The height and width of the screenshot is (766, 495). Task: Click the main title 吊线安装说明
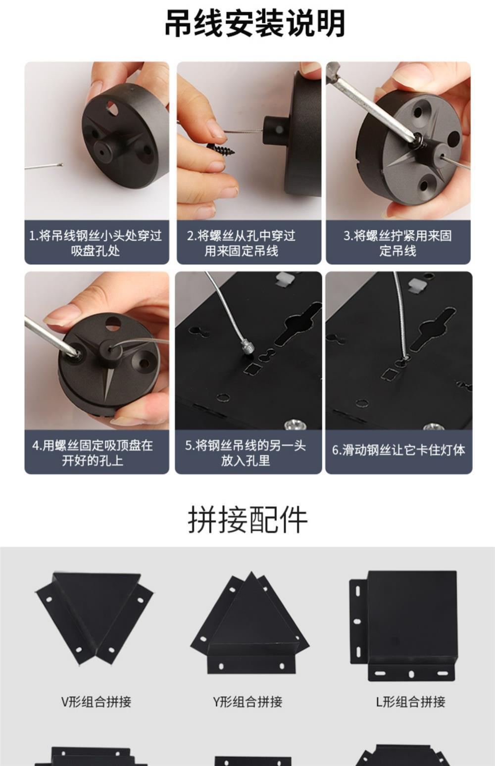[254, 23]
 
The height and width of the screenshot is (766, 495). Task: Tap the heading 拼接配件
[247, 520]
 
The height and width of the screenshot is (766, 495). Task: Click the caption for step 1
[96, 243]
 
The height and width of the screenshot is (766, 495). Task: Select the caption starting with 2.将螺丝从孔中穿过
[241, 243]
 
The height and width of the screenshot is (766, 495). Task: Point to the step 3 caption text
[397, 243]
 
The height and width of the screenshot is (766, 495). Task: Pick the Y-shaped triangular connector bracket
[250, 622]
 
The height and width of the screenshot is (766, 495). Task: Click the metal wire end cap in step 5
[247, 349]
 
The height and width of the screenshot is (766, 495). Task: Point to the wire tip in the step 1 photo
[61, 164]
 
